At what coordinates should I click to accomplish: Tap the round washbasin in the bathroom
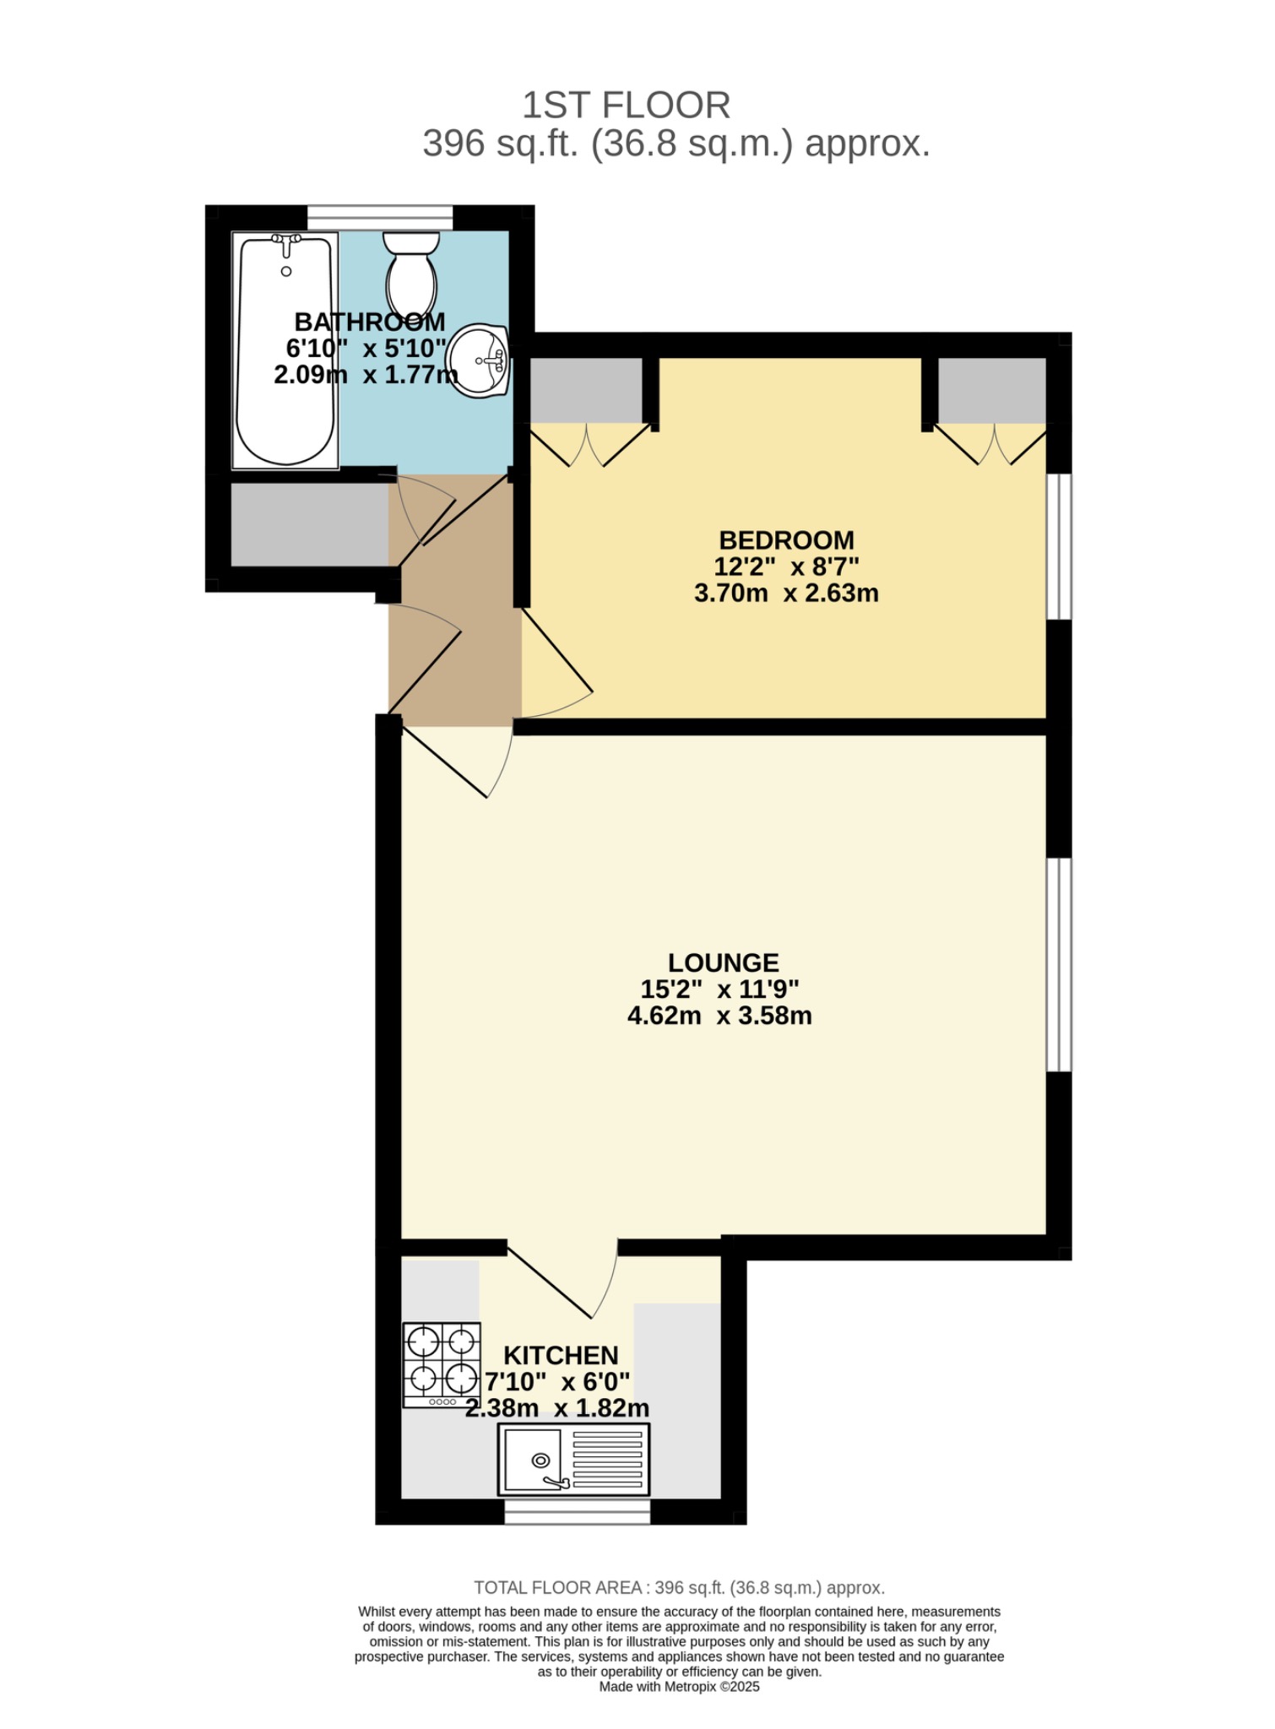coord(478,360)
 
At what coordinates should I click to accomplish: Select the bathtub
coord(285,350)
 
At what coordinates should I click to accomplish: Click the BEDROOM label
coord(786,540)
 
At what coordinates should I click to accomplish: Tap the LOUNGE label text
coord(723,962)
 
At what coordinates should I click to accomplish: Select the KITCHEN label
coord(561,1356)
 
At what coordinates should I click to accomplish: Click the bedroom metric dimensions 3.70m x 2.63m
coord(786,593)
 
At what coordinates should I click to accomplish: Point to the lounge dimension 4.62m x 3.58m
coord(719,1016)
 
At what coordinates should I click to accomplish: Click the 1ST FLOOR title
coord(626,106)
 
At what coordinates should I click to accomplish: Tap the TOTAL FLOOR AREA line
coord(679,1588)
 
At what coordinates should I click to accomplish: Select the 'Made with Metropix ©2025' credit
coord(679,1687)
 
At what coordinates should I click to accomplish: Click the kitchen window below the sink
coord(578,1511)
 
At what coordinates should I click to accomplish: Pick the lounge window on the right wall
coord(1059,965)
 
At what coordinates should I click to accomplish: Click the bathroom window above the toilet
coord(380,217)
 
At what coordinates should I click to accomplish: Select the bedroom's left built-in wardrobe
coord(585,390)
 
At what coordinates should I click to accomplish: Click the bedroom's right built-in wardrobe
coord(992,390)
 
